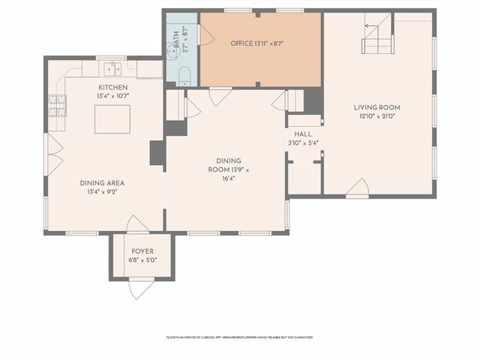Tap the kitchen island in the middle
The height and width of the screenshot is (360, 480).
click(112, 118)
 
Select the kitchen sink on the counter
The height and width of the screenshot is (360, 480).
click(112, 70)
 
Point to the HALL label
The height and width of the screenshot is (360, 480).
click(303, 133)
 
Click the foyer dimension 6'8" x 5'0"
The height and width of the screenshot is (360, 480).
click(142, 260)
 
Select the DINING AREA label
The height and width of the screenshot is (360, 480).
click(103, 182)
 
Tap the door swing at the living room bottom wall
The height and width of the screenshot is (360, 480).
click(358, 187)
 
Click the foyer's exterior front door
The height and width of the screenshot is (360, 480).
click(141, 287)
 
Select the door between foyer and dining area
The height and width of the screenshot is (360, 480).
click(137, 224)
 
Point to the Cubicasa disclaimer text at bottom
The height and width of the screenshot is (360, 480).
click(240, 337)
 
